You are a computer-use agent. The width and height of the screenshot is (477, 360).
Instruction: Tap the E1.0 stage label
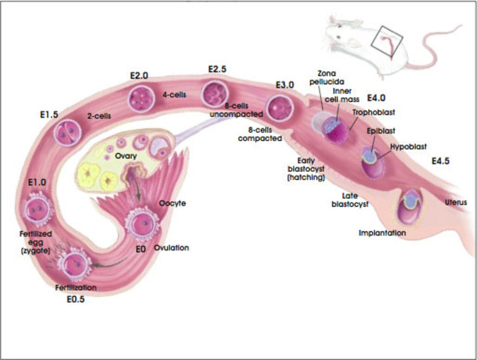tap(37, 182)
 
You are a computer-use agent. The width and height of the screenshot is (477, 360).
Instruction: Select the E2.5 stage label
tap(217, 70)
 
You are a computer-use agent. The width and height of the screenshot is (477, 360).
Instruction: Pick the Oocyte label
tap(172, 203)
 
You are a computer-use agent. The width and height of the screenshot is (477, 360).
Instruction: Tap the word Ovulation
tap(171, 247)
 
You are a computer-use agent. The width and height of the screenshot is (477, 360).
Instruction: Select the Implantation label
tap(382, 233)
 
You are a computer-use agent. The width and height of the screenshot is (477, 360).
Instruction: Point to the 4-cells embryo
tap(140, 98)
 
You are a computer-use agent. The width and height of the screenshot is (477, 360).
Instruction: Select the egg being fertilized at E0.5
tap(74, 264)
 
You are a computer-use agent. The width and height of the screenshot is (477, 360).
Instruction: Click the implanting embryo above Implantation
tap(411, 202)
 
